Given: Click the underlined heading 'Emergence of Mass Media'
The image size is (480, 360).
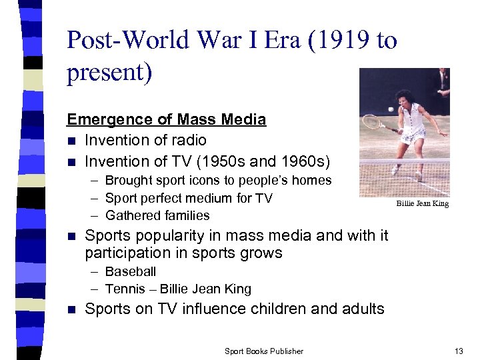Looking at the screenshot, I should pyautogui.click(x=166, y=119).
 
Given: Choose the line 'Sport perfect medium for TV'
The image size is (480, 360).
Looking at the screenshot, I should pyautogui.click(x=189, y=198).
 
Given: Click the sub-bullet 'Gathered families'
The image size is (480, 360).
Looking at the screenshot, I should pyautogui.click(x=157, y=215).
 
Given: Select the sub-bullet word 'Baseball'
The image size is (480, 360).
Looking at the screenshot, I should pyautogui.click(x=131, y=271).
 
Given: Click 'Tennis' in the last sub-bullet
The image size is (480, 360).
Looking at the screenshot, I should pyautogui.click(x=125, y=289).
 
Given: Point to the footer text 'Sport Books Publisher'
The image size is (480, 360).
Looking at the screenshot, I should pyautogui.click(x=264, y=351).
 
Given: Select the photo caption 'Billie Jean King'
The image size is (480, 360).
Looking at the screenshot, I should pyautogui.click(x=422, y=203).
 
